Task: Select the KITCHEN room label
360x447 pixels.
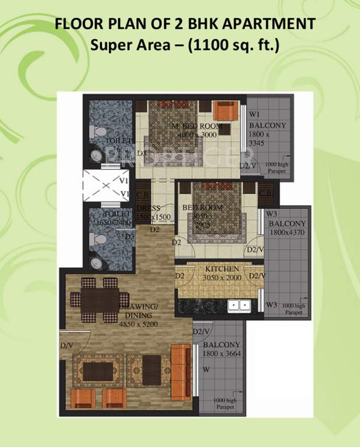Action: (x=221, y=269)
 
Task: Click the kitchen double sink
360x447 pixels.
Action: (x=238, y=304)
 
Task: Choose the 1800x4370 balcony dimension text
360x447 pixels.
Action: (x=288, y=233)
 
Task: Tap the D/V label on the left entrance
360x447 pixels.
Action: (x=66, y=346)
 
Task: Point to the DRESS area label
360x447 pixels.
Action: (x=148, y=208)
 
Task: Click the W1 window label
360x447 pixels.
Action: (x=255, y=113)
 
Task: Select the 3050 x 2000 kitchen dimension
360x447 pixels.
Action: (x=221, y=278)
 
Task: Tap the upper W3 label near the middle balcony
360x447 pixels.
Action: (x=271, y=214)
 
